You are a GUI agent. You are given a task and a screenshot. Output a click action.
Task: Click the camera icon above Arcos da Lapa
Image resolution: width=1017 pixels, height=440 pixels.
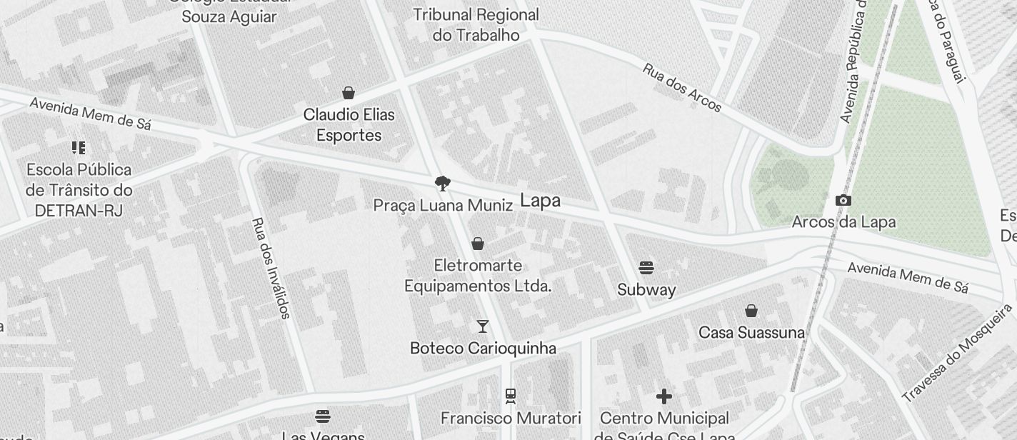(843, 201)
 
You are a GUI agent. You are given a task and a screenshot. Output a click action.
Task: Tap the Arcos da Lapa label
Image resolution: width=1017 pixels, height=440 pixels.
(843, 222)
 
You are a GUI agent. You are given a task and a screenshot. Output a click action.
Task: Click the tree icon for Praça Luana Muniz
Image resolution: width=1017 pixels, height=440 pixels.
(443, 184)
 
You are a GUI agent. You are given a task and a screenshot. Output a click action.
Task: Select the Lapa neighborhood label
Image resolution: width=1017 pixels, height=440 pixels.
(541, 201)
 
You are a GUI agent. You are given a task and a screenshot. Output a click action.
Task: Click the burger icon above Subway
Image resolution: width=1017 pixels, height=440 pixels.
(646, 268)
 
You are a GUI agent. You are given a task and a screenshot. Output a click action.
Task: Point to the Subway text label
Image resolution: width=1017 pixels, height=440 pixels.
(646, 290)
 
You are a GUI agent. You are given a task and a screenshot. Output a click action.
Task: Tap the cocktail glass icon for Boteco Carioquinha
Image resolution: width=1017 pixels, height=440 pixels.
(483, 326)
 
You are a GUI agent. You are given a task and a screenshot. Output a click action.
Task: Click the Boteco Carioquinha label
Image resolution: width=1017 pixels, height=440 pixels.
(483, 349)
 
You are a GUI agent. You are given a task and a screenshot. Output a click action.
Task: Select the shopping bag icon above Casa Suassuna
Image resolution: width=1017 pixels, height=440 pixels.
(751, 311)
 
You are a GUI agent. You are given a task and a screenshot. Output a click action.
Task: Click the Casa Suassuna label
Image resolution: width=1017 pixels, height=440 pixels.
(751, 333)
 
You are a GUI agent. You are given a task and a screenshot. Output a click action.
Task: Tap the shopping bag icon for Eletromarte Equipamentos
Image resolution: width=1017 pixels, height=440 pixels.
(478, 244)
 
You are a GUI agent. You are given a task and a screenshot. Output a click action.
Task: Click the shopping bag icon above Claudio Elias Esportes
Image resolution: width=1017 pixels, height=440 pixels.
(349, 93)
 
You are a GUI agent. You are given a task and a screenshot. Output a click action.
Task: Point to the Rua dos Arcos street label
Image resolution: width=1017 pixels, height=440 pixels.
(682, 88)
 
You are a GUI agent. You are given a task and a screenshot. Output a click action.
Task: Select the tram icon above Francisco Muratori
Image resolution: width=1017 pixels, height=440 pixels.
(511, 396)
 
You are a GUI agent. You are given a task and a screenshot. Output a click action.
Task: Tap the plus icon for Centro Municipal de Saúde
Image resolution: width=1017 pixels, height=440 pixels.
(664, 396)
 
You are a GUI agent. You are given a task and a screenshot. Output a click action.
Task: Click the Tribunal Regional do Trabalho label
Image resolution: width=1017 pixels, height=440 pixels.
(476, 24)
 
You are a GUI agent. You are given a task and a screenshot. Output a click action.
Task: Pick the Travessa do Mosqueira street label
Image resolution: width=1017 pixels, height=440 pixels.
(957, 352)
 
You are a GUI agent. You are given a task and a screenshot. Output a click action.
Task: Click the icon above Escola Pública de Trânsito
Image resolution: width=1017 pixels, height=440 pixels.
(79, 148)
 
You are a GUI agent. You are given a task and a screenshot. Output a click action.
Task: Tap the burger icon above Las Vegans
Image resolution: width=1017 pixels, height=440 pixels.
(323, 416)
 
